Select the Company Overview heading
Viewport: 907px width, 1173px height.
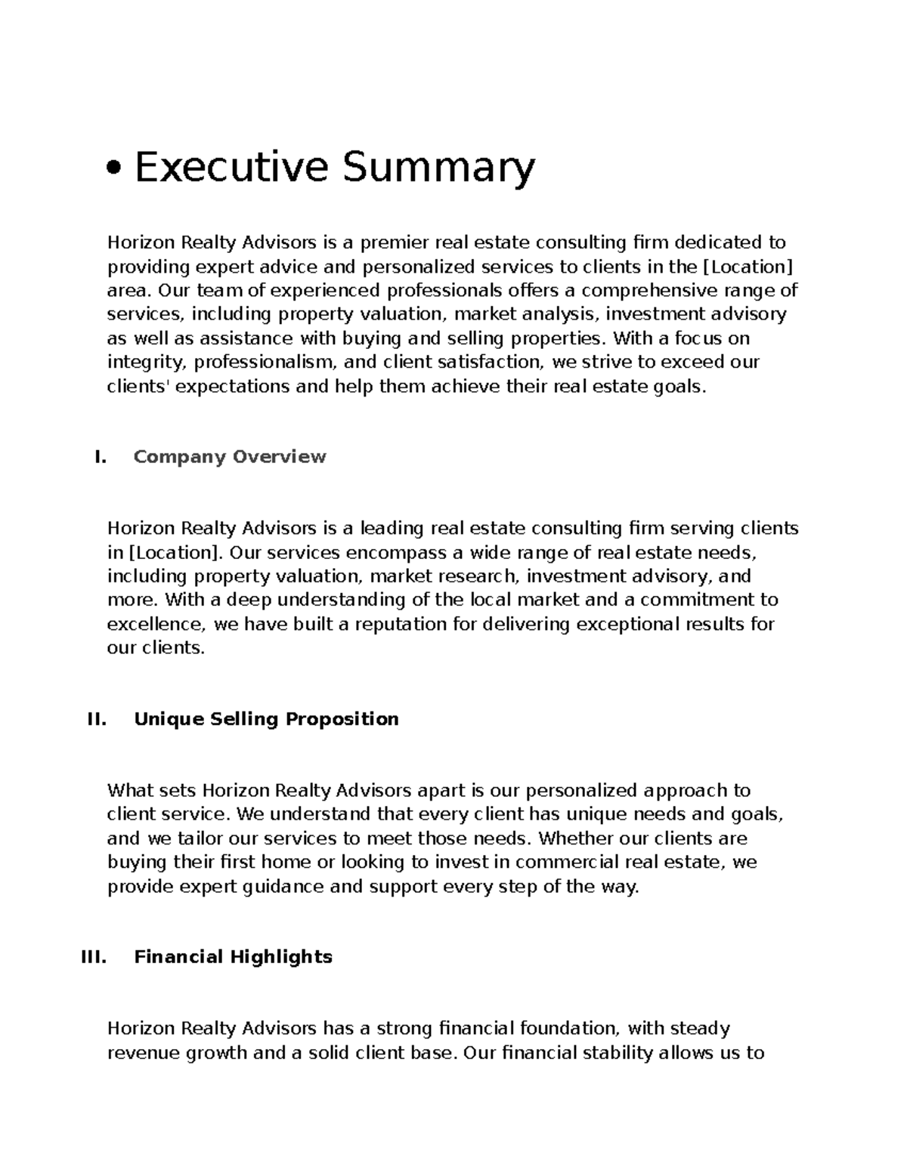point(230,457)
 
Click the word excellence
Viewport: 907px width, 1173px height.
point(156,625)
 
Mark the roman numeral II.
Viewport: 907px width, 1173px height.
point(98,719)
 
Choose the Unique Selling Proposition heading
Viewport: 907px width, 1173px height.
point(266,719)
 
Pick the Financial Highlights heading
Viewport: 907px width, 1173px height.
point(233,957)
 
